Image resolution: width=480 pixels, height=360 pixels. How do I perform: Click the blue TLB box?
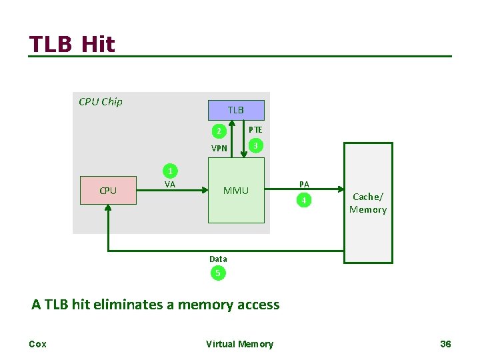[236, 110]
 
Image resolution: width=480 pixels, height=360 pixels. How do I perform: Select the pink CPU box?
[108, 190]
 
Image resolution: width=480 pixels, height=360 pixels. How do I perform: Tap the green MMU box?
[236, 191]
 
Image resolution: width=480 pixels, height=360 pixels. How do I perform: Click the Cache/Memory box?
[368, 203]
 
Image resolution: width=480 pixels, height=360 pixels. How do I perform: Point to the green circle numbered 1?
[171, 171]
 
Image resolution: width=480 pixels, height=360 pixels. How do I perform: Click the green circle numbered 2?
[217, 131]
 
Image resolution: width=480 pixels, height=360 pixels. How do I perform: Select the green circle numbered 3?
[255, 145]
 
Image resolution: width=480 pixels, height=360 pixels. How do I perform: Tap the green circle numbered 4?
[304, 200]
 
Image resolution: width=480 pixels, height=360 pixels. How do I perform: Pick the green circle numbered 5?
[217, 273]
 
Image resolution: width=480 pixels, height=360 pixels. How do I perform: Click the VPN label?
[219, 149]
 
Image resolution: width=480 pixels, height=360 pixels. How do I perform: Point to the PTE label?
[255, 130]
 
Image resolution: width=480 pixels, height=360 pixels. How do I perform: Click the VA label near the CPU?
[170, 185]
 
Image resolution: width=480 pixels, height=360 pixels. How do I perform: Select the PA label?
[304, 184]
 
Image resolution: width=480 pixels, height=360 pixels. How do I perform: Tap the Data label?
[218, 259]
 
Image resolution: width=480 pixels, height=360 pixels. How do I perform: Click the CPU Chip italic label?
[101, 102]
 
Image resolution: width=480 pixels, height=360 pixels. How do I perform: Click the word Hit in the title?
[98, 45]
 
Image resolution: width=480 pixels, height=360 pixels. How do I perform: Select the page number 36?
[446, 344]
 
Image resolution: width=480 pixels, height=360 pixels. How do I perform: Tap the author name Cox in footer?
[37, 344]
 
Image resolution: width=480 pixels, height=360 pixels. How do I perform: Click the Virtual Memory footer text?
[239, 344]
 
